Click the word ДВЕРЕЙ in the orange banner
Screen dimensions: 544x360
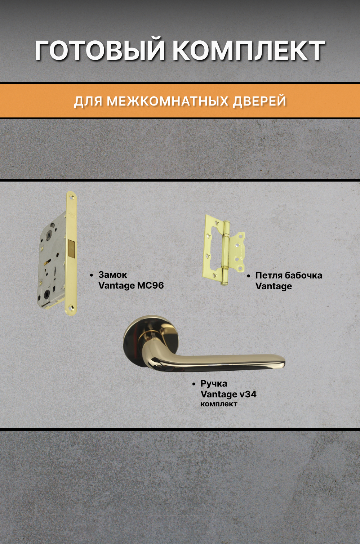pyautogui.click(x=259, y=101)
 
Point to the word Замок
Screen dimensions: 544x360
pyautogui.click(x=112, y=275)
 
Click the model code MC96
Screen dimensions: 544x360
pyautogui.click(x=150, y=285)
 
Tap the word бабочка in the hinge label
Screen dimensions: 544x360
pyautogui.click(x=303, y=275)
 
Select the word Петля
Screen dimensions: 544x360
pyautogui.click(x=269, y=275)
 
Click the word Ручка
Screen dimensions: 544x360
pyautogui.click(x=214, y=383)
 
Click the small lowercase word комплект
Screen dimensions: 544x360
pyautogui.click(x=219, y=404)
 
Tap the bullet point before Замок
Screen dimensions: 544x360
pyautogui.click(x=92, y=275)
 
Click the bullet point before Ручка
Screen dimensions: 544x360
pyautogui.click(x=194, y=384)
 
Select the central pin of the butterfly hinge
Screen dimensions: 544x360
pyautogui.click(x=226, y=252)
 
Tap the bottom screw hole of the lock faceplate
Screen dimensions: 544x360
pyautogui.click(x=70, y=308)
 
